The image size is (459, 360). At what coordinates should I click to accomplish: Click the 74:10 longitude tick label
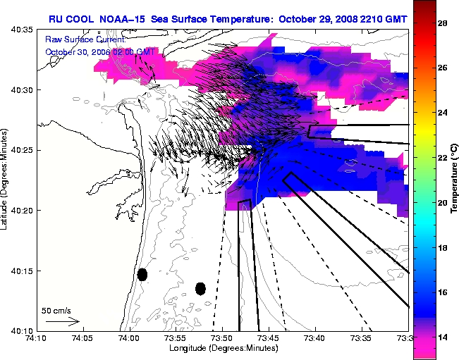(35, 340)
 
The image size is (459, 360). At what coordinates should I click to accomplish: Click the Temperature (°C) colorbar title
(455, 179)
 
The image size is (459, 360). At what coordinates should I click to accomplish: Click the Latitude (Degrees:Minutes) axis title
(6, 180)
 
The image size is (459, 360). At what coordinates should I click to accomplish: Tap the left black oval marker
(142, 274)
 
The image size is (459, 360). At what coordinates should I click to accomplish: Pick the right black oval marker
(200, 288)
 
